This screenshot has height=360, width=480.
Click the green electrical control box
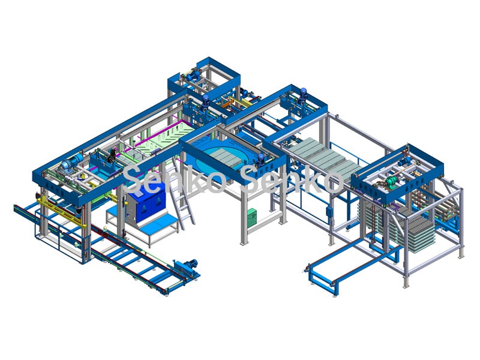[252, 217]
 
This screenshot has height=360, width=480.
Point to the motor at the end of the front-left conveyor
[188, 266]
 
